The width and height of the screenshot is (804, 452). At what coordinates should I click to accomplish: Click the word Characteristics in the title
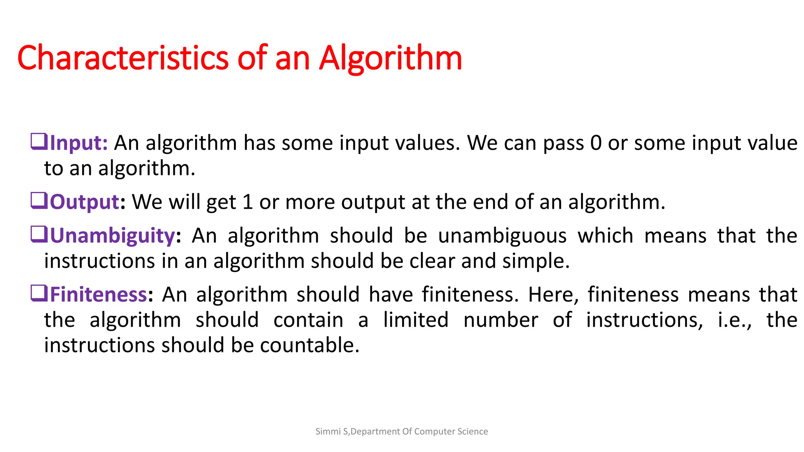pyautogui.click(x=122, y=58)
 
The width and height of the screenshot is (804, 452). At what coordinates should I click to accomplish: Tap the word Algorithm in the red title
pyautogui.click(x=390, y=58)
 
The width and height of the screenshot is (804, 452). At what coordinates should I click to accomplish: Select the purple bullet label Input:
pyautogui.click(x=79, y=143)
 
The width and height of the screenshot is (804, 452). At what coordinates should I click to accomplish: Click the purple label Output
pyautogui.click(x=84, y=202)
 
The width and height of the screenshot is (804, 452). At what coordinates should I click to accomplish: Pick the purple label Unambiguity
pyautogui.click(x=112, y=236)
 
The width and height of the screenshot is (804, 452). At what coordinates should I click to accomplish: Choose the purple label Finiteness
pyautogui.click(x=99, y=295)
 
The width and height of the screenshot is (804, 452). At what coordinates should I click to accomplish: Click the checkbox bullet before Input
pyautogui.click(x=39, y=142)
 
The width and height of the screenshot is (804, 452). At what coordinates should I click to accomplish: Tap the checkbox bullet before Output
pyautogui.click(x=39, y=200)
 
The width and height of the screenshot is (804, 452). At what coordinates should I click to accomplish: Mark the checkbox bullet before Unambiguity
pyautogui.click(x=39, y=234)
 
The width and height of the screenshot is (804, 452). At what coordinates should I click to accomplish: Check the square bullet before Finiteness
pyautogui.click(x=39, y=293)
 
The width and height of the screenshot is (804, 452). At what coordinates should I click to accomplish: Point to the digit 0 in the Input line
pyautogui.click(x=596, y=143)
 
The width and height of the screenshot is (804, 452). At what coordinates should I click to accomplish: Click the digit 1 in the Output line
pyautogui.click(x=247, y=202)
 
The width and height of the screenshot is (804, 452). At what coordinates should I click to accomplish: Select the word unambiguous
pyautogui.click(x=502, y=236)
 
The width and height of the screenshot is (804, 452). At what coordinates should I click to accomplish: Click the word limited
pyautogui.click(x=416, y=320)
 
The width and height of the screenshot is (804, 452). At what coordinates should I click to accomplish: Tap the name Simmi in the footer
pyautogui.click(x=328, y=432)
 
